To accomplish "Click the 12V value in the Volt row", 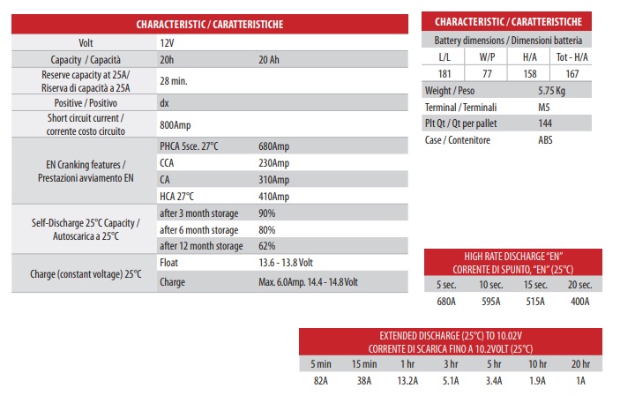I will pyautogui.click(x=167, y=42).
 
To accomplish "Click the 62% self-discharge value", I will pyautogui.click(x=267, y=245).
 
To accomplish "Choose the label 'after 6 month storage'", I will pyautogui.click(x=200, y=229).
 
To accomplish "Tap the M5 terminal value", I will pyautogui.click(x=545, y=107).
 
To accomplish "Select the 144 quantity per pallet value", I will pyautogui.click(x=546, y=123).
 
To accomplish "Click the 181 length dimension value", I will pyautogui.click(x=444, y=74).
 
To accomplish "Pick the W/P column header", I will pyautogui.click(x=487, y=57).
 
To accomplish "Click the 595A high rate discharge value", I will pyautogui.click(x=491, y=301).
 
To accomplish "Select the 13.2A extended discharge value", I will pyautogui.click(x=408, y=381).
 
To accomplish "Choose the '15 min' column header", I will pyautogui.click(x=362, y=364).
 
